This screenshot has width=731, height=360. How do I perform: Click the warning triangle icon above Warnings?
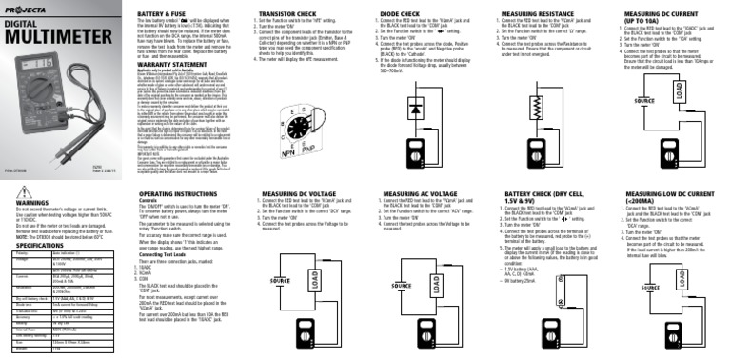[x=7, y=194]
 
